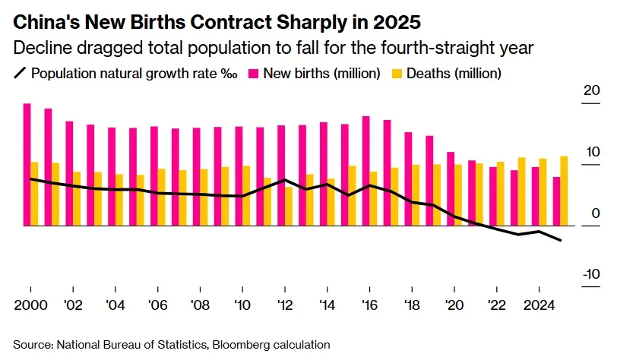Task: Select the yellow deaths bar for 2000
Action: click(34, 194)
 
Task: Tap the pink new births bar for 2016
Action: click(365, 171)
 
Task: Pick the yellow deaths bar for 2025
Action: click(565, 191)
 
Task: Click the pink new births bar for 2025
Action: click(556, 201)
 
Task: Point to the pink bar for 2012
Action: click(281, 175)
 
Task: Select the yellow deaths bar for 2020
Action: click(458, 195)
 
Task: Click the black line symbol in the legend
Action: click(21, 74)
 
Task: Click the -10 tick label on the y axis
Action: click(589, 275)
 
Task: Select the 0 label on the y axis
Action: click(595, 214)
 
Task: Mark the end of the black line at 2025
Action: click(561, 240)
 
